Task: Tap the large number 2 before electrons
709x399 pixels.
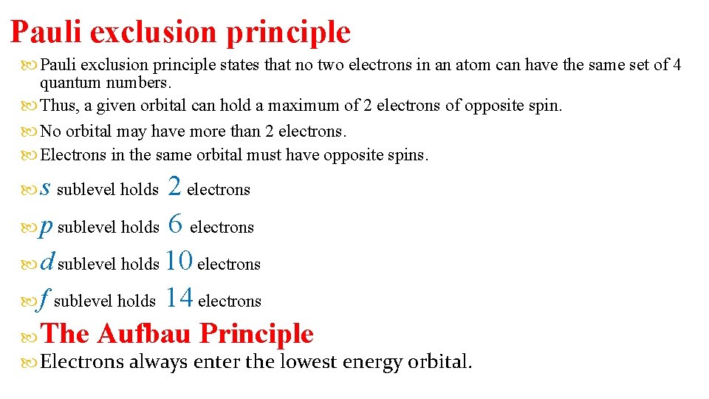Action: coord(175,186)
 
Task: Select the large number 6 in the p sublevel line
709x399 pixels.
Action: coord(175,223)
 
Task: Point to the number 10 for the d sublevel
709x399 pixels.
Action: coord(179,260)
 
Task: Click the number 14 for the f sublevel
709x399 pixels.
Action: coord(179,297)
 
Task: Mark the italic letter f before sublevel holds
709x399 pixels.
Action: coord(45,299)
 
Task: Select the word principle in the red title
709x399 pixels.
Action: coord(289,33)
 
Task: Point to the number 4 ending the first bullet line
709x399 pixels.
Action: coord(677,65)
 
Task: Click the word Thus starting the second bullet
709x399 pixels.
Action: coord(56,106)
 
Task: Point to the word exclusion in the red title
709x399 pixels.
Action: coord(156,32)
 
